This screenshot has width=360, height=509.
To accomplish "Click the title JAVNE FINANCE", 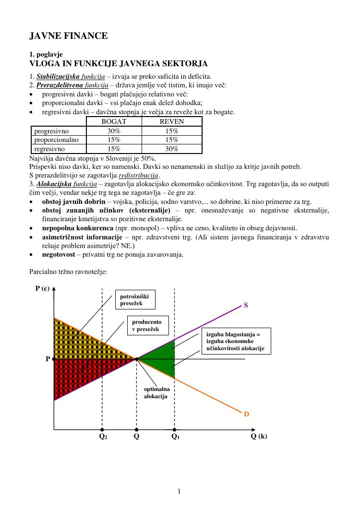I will coord(69,36).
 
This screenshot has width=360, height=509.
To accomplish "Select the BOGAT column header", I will coord(114,122).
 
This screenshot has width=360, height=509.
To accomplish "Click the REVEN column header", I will coord(171,122).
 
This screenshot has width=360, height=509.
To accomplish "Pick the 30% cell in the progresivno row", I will coord(114,131).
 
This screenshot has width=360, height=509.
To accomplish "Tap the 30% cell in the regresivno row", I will coord(171,149).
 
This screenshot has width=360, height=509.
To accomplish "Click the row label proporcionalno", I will coord(57,140).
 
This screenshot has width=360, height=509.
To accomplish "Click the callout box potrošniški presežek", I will coord(138,300).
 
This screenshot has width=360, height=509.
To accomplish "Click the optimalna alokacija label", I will coord(156,393).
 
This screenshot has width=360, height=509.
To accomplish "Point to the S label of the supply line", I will coord(246,305).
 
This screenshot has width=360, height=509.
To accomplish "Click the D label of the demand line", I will coord(246,414).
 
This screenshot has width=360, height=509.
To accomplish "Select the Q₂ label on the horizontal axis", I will coord(103,437).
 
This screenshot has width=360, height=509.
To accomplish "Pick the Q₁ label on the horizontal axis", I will coord(175,437).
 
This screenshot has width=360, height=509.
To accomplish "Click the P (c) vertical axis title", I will coord(42,288).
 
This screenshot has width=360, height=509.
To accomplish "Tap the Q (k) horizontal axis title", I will coord(259,436).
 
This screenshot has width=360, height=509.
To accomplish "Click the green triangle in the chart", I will coord(161,359).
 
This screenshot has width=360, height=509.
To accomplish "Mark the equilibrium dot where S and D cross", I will coord(137,359).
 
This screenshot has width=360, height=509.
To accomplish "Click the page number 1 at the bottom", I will coord(179,491).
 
